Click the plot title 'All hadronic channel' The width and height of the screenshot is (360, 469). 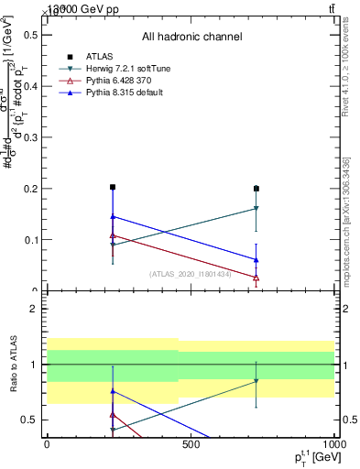tap(191, 37)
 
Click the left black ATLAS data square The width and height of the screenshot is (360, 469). tap(112, 187)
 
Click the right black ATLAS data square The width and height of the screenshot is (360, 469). tap(256, 189)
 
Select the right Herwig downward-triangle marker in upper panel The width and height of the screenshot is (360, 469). tap(256, 209)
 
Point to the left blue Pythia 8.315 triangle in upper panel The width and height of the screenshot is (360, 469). tap(112, 216)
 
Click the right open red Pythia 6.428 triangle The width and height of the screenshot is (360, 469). tap(256, 278)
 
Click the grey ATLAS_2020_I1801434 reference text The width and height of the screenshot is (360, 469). tap(191, 273)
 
